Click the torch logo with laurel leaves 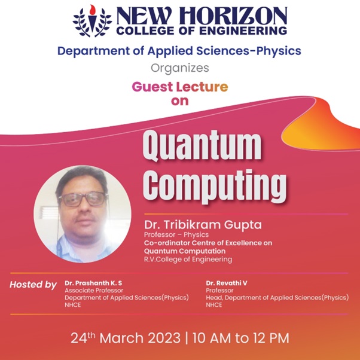[x=92, y=21]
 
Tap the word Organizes [x=180, y=68]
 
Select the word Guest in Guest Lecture [x=152, y=87]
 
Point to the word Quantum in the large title [x=202, y=145]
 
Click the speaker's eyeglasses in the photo [x=83, y=199]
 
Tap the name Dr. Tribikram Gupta [x=203, y=224]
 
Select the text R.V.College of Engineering [x=188, y=260]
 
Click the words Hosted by [x=33, y=285]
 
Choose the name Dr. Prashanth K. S [x=93, y=283]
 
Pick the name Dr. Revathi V [x=227, y=283]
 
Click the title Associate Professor [x=94, y=291]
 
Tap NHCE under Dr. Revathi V [x=214, y=305]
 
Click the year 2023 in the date [x=164, y=338]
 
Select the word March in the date [x=121, y=338]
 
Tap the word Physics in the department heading [x=279, y=51]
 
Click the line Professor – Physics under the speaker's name [x=176, y=234]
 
